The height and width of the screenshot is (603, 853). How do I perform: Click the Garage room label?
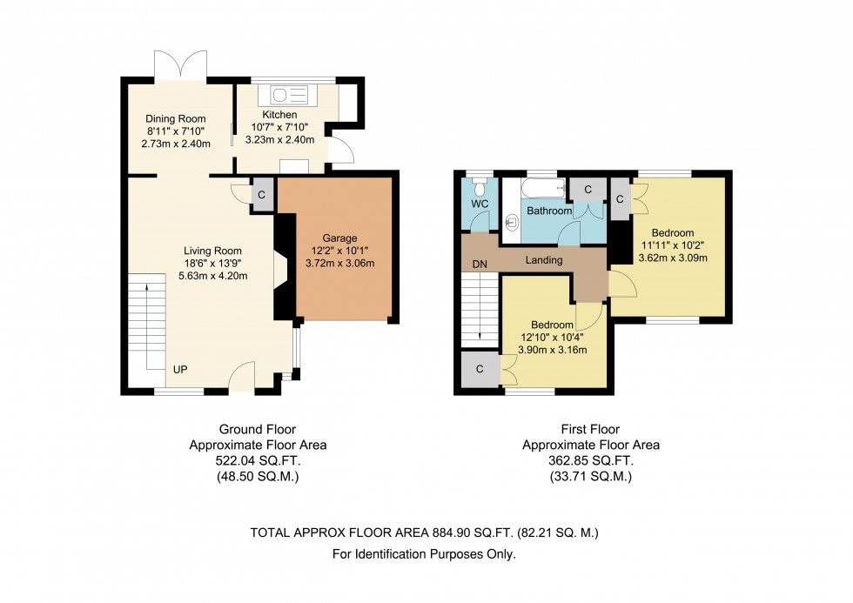tap(339, 238)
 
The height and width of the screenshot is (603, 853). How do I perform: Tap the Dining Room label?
tap(176, 118)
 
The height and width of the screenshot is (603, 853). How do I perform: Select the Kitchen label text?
tap(279, 115)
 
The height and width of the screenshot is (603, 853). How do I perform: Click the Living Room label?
tap(212, 251)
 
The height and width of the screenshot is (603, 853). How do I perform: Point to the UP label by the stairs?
tap(180, 369)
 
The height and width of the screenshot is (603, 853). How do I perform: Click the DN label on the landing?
tap(480, 265)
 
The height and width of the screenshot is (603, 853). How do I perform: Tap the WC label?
tap(480, 204)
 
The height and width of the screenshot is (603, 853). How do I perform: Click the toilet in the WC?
tap(480, 186)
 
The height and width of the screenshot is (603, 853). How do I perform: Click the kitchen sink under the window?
tap(289, 95)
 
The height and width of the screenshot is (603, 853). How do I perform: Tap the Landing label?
tap(544, 260)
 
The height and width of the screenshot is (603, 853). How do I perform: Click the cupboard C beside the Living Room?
tap(262, 195)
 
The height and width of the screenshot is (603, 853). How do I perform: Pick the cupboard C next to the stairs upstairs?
tap(480, 369)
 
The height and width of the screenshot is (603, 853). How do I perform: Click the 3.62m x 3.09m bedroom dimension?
tap(673, 258)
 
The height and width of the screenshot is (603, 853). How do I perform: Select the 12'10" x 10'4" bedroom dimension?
tap(552, 337)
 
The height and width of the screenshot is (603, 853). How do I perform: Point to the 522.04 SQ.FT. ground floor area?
tap(258, 461)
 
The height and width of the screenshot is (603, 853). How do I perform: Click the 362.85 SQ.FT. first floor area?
tap(591, 461)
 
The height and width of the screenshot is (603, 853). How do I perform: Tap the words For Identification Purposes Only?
tap(425, 554)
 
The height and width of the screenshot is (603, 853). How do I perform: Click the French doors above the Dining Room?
tap(181, 65)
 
